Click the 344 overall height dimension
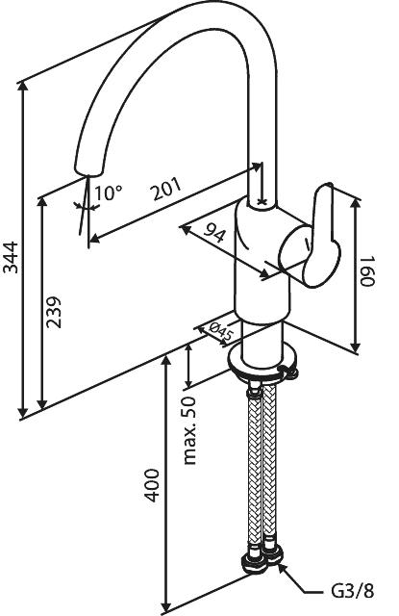tap(11, 257)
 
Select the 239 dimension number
tap(54, 312)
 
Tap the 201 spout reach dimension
tap(167, 189)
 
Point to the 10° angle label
tap(109, 192)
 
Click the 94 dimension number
tap(213, 235)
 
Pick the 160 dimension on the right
tap(367, 271)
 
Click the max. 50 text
tap(190, 431)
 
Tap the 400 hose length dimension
tap(152, 485)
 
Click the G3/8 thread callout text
tap(352, 591)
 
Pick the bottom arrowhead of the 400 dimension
tap(167, 605)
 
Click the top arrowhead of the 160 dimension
tap(355, 205)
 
